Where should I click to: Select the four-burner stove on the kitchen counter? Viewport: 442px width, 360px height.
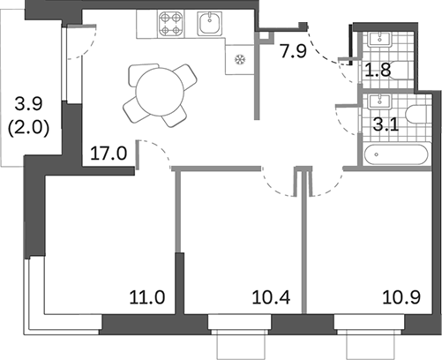(170, 23)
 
